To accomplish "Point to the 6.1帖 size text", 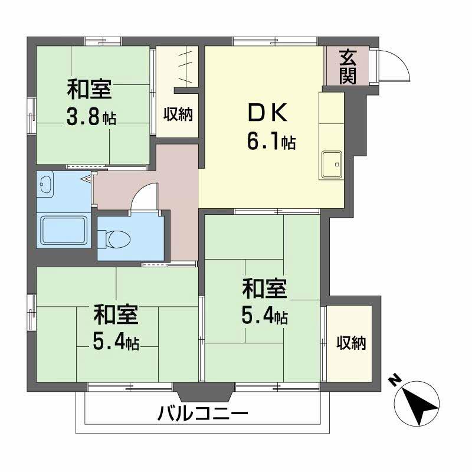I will [x=271, y=142].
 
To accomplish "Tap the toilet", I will [x=116, y=238].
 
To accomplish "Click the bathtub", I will [x=64, y=231].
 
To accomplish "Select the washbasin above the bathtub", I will [x=45, y=186].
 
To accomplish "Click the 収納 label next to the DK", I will [x=178, y=114].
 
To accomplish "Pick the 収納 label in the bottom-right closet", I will [x=351, y=343].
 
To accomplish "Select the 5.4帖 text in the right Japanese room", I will [x=264, y=317].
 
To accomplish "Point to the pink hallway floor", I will [x=177, y=195].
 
